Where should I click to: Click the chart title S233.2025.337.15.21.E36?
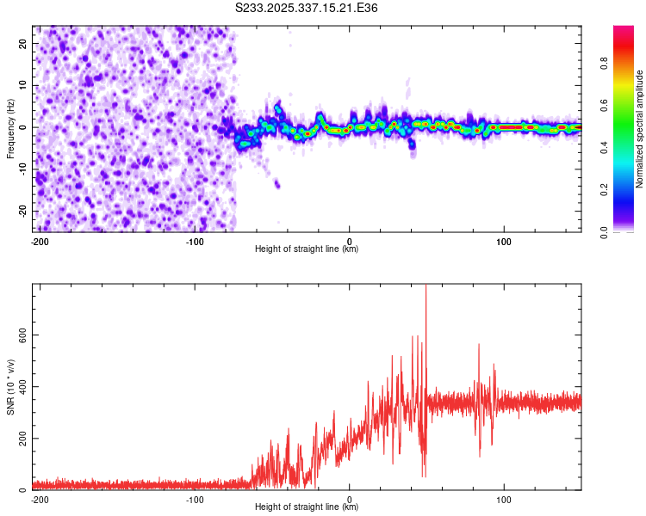[x=307, y=8]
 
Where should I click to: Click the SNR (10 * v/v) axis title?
[x=10, y=387]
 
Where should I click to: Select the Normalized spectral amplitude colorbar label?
[x=639, y=129]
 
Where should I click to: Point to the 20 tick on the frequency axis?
[x=22, y=43]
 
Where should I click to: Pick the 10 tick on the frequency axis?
[x=22, y=85]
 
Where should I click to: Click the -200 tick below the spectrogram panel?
[x=40, y=241]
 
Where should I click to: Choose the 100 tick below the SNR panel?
[x=504, y=499]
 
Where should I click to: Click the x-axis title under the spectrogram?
[x=307, y=249]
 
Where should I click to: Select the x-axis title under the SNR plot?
[x=307, y=507]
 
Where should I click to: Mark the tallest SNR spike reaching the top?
[x=425, y=288]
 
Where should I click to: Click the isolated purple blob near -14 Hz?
[x=277, y=184]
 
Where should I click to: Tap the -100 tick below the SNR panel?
[x=195, y=499]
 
